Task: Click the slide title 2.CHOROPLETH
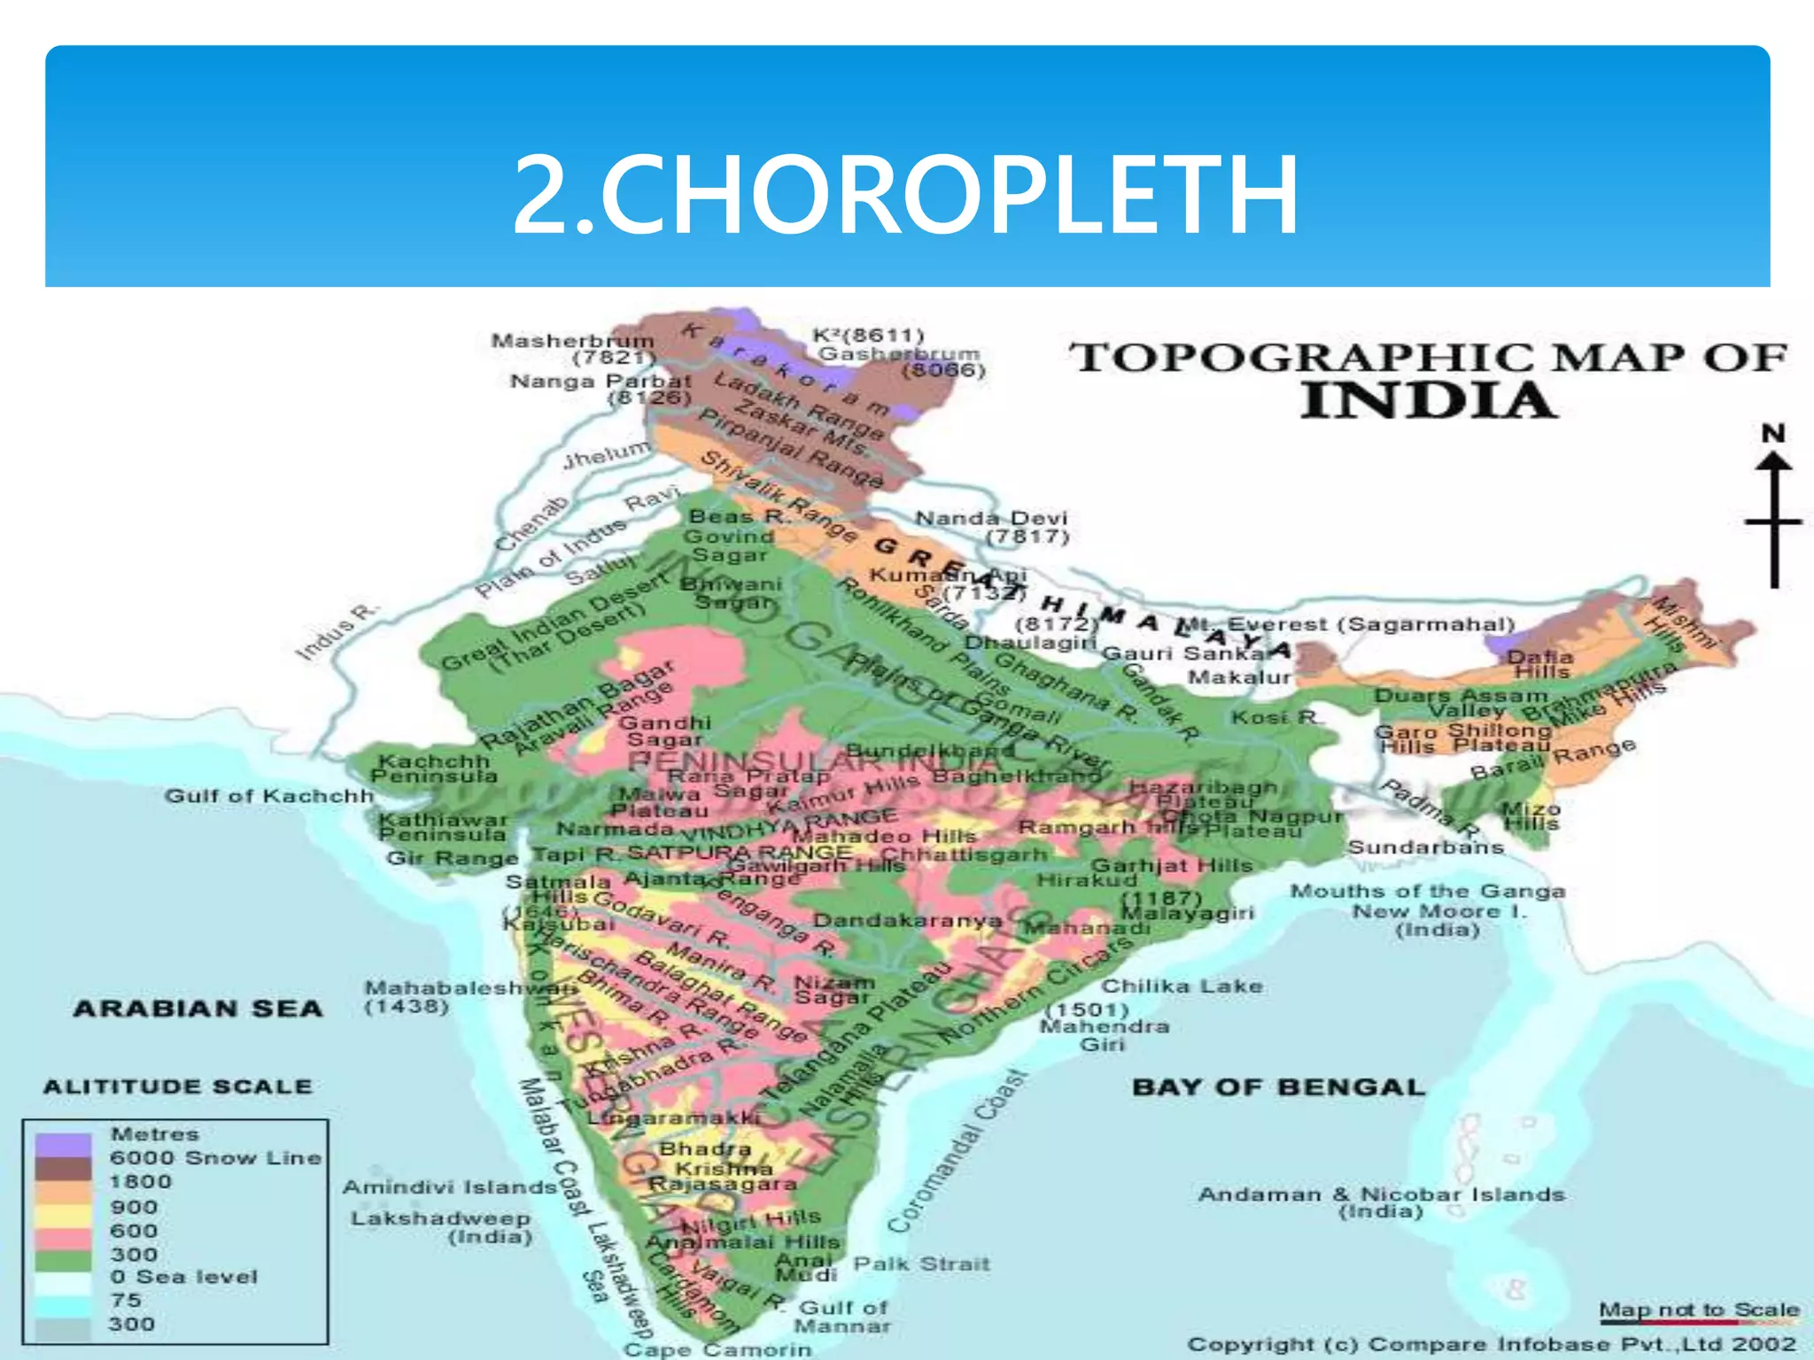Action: pyautogui.click(x=905, y=195)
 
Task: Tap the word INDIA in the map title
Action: pyautogui.click(x=1428, y=401)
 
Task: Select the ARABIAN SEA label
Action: pyautogui.click(x=198, y=1008)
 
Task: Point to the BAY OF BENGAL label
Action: pyautogui.click(x=1278, y=1087)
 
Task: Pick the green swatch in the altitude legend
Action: pyautogui.click(x=63, y=1256)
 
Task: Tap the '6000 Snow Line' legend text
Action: pyautogui.click(x=215, y=1158)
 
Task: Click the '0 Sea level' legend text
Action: pyautogui.click(x=184, y=1277)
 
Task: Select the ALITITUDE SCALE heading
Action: pyautogui.click(x=178, y=1086)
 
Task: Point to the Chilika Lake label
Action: pyautogui.click(x=1182, y=986)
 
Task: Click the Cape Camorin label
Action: pyautogui.click(x=717, y=1349)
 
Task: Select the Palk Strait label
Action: pyautogui.click(x=921, y=1264)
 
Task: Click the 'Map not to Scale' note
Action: pyautogui.click(x=1699, y=1310)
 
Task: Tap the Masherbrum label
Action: pyautogui.click(x=573, y=341)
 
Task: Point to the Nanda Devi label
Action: pyautogui.click(x=991, y=518)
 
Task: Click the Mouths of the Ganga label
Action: pyautogui.click(x=1428, y=892)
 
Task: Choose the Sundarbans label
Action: pyautogui.click(x=1426, y=847)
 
